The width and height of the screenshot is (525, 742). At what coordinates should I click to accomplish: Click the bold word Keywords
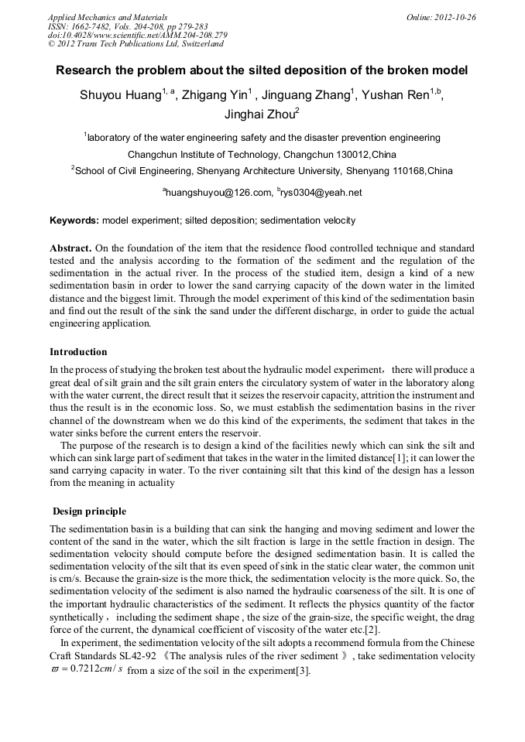coord(74,221)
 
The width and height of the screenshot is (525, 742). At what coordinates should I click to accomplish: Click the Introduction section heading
coord(78,352)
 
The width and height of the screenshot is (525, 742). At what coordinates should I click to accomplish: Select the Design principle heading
coord(89,511)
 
